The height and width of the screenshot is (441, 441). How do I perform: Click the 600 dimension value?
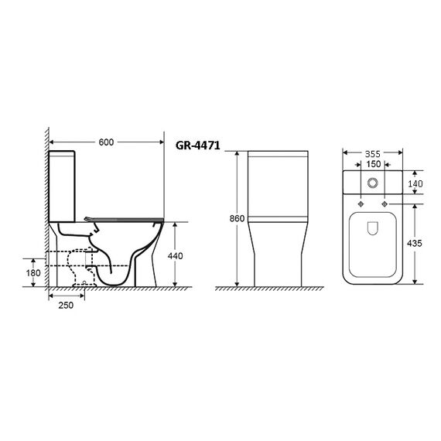[x=106, y=142]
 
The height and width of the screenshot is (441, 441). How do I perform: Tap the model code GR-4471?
[x=198, y=145]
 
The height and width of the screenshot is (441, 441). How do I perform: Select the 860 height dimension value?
[x=237, y=218]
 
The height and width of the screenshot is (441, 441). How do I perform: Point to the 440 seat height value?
[x=175, y=256]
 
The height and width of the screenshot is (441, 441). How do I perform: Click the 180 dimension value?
[x=33, y=273]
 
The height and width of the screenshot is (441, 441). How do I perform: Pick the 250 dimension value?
[x=66, y=305]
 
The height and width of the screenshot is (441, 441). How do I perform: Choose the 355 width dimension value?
[x=373, y=154]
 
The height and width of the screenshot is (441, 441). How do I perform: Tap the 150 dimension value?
[x=374, y=164]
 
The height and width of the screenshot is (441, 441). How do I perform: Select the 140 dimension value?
[x=415, y=183]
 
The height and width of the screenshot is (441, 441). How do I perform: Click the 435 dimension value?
[x=415, y=243]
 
